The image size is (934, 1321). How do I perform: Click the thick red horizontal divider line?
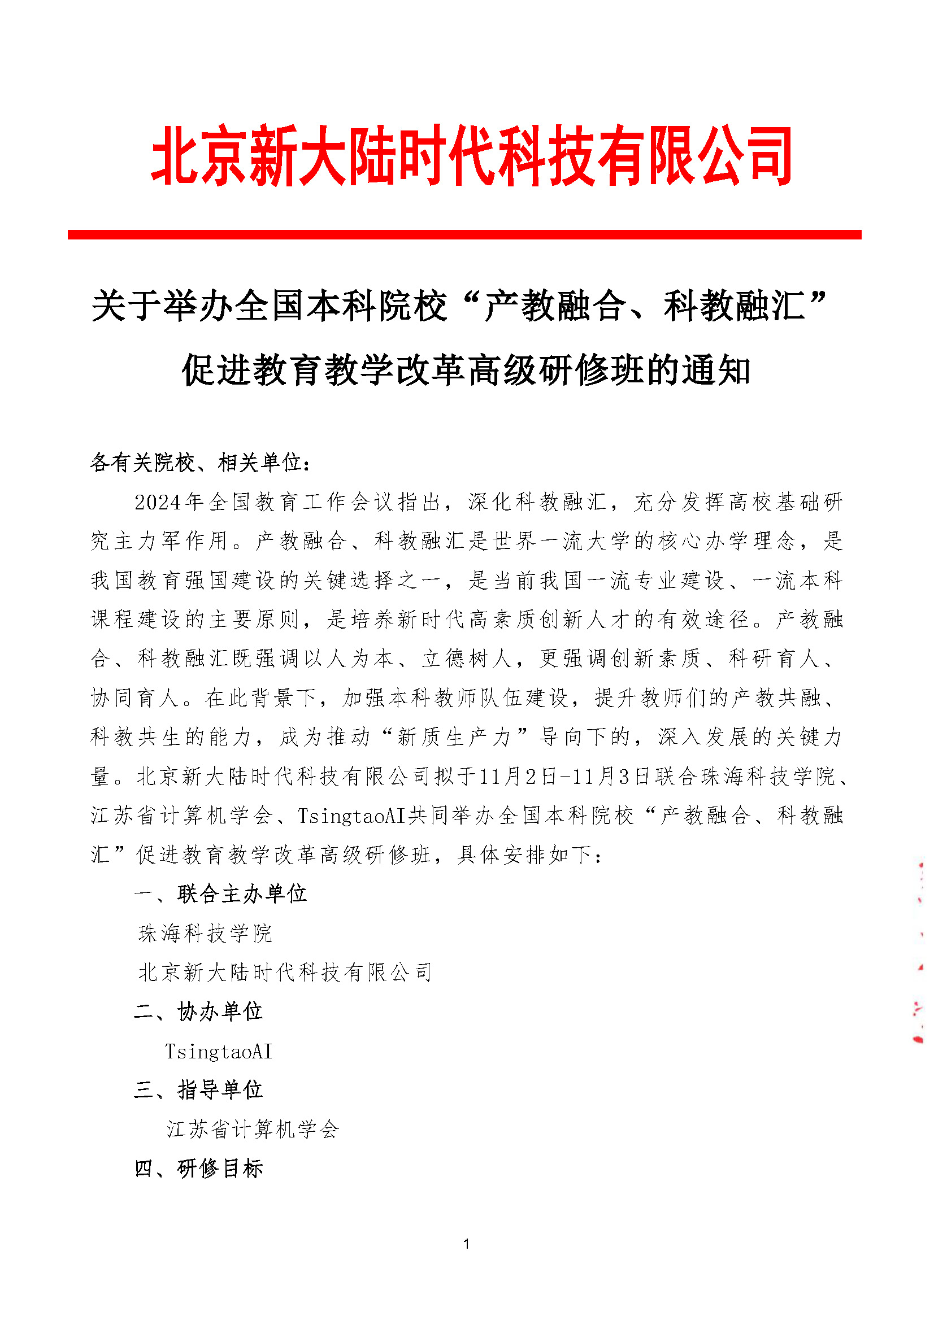click(x=464, y=235)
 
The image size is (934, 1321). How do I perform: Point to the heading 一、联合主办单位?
click(x=220, y=893)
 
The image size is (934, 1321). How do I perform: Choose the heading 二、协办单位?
click(x=198, y=1011)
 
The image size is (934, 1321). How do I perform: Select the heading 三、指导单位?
click(x=198, y=1089)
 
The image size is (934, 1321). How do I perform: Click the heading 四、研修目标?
click(x=198, y=1168)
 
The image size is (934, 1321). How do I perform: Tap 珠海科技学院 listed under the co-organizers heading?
click(x=205, y=933)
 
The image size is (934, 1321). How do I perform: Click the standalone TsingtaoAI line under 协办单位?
click(x=218, y=1051)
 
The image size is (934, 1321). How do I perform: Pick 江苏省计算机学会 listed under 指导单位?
click(x=253, y=1129)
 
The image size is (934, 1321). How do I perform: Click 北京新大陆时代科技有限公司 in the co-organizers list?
click(x=285, y=973)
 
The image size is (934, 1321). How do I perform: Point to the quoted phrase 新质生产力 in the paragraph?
click(x=454, y=737)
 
